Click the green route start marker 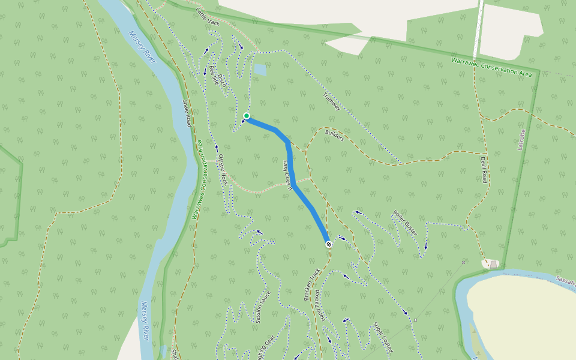tap(247, 116)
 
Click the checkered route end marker tap(329, 244)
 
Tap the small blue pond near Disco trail tap(260, 70)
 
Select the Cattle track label tap(208, 20)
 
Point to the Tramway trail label tap(332, 101)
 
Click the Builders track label tap(334, 136)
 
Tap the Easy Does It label tap(287, 174)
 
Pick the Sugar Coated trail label tap(383, 337)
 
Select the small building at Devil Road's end tap(493, 264)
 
